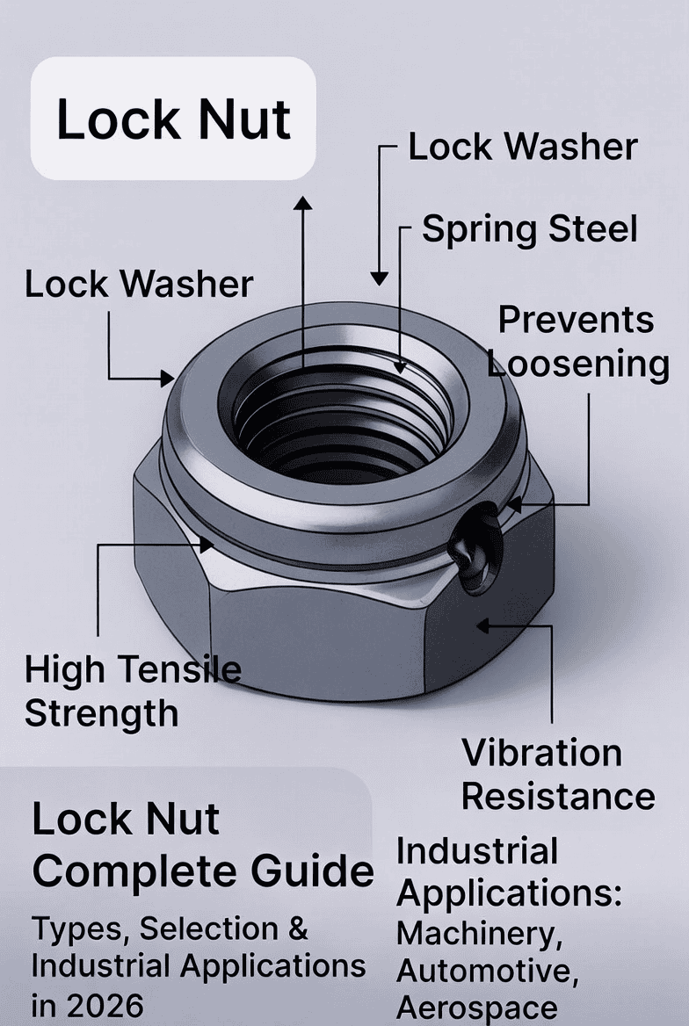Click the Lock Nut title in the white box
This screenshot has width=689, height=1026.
(173, 119)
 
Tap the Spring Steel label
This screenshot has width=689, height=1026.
(529, 228)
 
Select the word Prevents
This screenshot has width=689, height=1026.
(576, 321)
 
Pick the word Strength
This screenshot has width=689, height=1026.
(101, 713)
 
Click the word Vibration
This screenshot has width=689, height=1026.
(541, 753)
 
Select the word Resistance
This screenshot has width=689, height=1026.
(558, 797)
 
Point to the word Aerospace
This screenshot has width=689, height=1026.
(476, 1007)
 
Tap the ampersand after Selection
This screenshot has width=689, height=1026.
(297, 928)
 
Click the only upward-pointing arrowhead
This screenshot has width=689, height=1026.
(303, 203)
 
